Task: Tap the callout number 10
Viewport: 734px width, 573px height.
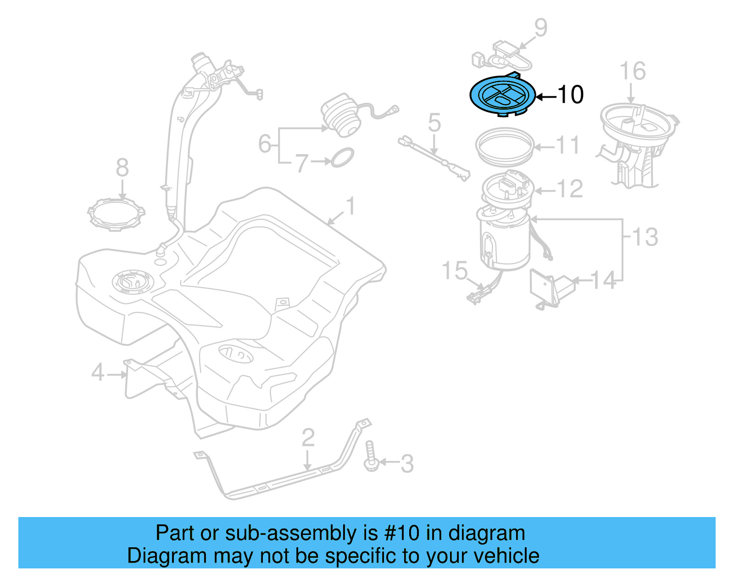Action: (x=571, y=95)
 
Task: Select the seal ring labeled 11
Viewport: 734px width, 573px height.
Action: (x=505, y=147)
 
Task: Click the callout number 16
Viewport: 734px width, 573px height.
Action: (x=633, y=72)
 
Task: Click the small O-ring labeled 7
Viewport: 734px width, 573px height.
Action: (x=342, y=157)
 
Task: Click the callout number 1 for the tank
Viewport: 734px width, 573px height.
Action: (x=351, y=206)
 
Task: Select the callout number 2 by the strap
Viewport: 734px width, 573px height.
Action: (x=308, y=438)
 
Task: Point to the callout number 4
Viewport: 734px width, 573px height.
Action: (x=98, y=373)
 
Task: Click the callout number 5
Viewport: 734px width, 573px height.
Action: (x=434, y=123)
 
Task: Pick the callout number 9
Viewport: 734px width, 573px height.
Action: (x=541, y=28)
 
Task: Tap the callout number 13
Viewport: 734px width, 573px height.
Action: (x=645, y=237)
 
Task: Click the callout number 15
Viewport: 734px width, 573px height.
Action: (x=454, y=271)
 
